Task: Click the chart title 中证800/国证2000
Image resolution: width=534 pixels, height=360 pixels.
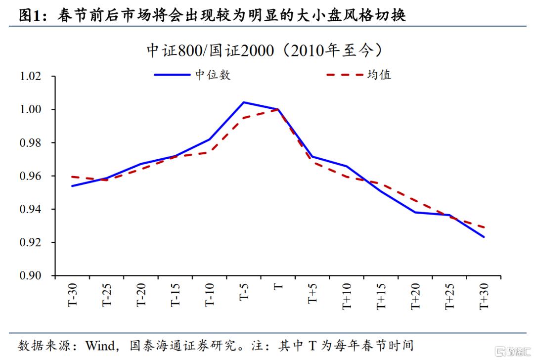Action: [210, 51]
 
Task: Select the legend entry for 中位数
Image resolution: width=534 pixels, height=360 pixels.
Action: [192, 75]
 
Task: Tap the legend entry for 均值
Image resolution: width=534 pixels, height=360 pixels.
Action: [358, 75]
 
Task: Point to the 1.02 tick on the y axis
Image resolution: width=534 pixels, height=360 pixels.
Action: [31, 76]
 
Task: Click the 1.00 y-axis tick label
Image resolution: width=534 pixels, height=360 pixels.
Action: [31, 109]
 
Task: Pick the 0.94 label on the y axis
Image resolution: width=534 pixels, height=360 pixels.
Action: [31, 209]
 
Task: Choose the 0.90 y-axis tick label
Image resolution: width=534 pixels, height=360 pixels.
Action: [31, 275]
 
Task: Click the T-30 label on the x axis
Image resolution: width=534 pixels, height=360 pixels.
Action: [73, 295]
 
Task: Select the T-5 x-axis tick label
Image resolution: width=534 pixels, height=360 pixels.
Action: [244, 292]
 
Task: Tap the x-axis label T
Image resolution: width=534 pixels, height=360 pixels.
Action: [278, 286]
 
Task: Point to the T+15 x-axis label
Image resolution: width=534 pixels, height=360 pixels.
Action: [381, 296]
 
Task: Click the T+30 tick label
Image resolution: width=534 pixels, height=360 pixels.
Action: [484, 296]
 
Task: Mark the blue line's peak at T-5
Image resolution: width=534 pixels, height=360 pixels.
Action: [244, 102]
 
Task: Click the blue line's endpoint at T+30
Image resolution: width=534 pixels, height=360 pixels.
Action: [484, 237]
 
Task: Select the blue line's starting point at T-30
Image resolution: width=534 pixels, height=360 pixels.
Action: [72, 186]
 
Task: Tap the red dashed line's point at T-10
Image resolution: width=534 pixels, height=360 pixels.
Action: [210, 152]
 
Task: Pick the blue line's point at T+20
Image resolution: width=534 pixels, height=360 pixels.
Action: [415, 212]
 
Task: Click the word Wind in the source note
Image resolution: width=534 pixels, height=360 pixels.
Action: [100, 346]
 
